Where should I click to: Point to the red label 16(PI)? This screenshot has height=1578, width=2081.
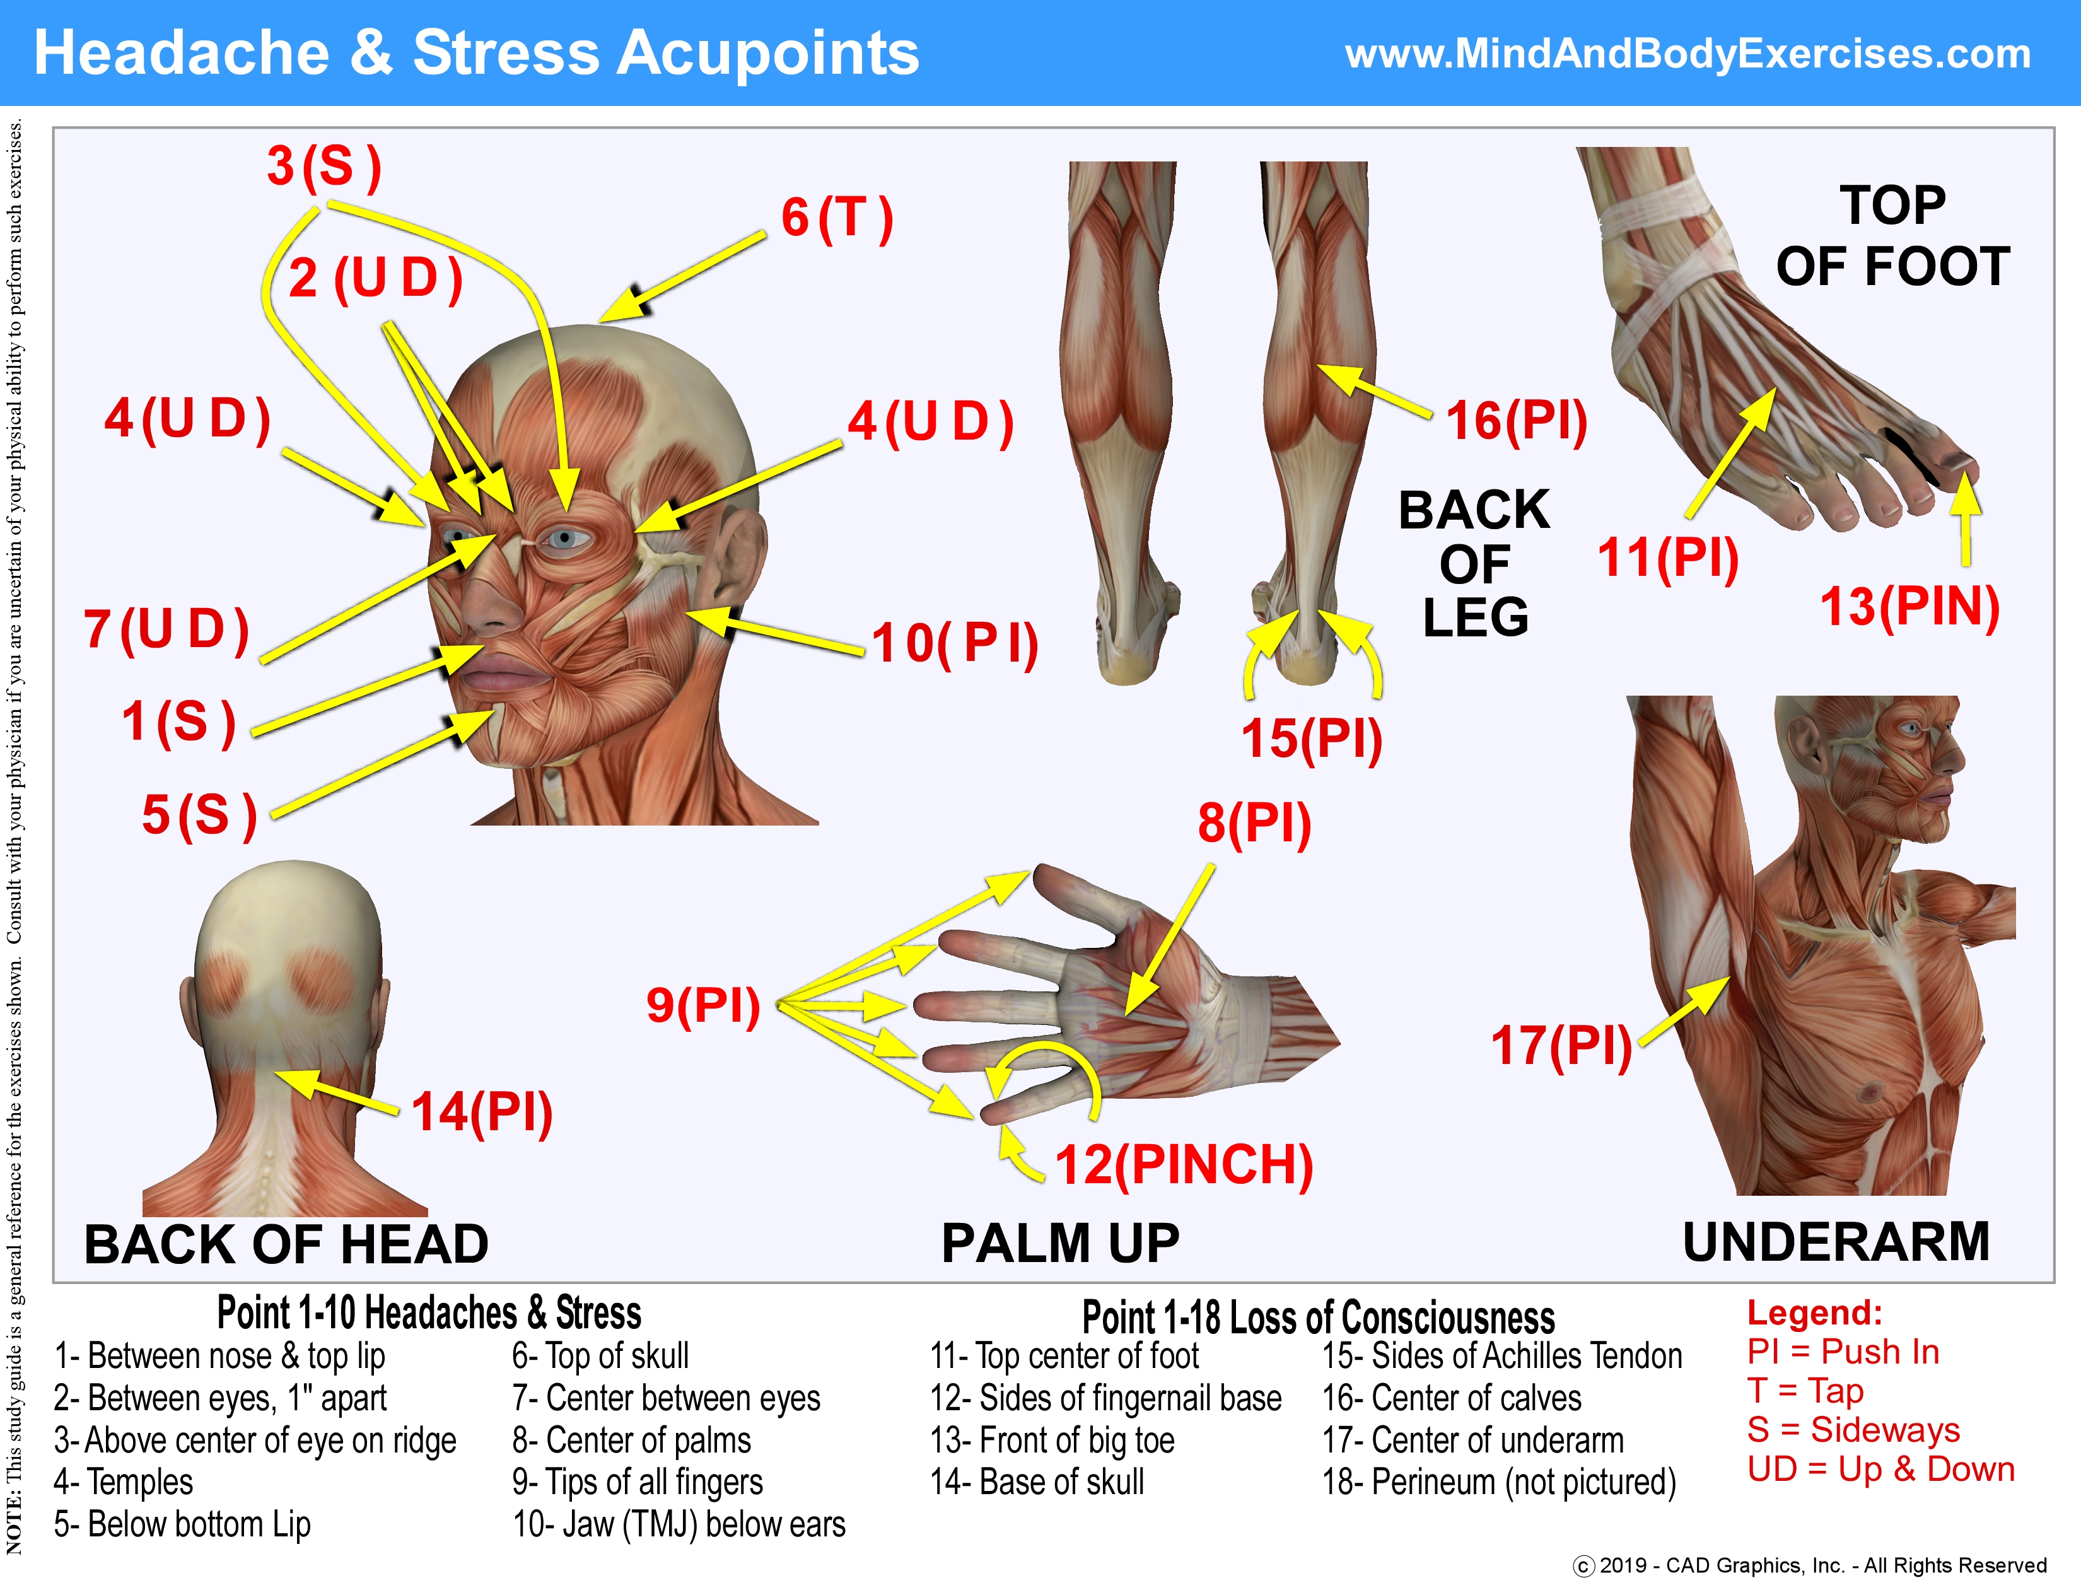click(x=1515, y=421)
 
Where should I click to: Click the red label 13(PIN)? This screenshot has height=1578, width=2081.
click(x=1909, y=607)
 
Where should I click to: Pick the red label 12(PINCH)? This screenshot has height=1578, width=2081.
click(x=1184, y=1165)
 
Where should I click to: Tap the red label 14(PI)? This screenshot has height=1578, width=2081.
click(x=482, y=1112)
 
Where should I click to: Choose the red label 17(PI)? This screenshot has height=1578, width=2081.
click(x=1561, y=1046)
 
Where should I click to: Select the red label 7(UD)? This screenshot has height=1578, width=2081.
click(x=166, y=629)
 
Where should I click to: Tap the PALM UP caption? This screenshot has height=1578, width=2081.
click(x=1060, y=1243)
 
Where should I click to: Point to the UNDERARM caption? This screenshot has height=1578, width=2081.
click(x=1836, y=1242)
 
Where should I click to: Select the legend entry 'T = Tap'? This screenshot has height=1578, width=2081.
click(x=1804, y=1391)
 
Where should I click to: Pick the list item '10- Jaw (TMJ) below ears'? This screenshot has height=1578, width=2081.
click(x=679, y=1524)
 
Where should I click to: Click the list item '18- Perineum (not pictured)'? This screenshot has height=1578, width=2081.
click(x=1499, y=1482)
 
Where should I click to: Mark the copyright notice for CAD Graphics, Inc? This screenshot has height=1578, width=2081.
click(x=1809, y=1565)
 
